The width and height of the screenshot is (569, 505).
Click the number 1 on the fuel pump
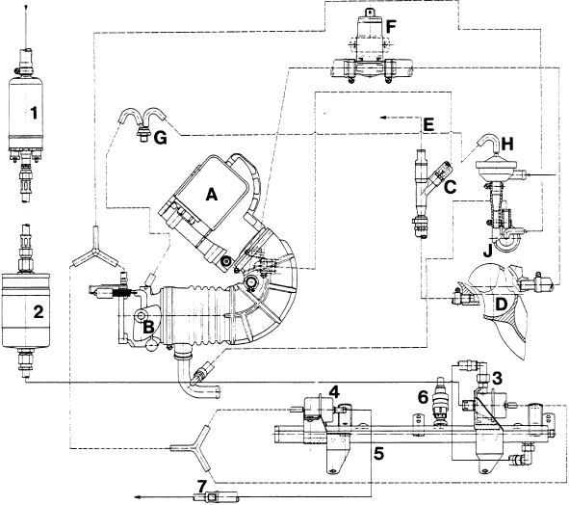tap(34, 113)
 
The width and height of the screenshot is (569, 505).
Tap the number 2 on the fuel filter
tap(39, 311)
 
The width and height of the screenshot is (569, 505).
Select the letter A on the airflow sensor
tap(211, 195)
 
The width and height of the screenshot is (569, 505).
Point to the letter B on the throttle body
tap(148, 327)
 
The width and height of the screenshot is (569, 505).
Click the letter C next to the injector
tap(450, 187)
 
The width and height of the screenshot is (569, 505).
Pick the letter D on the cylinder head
tap(501, 305)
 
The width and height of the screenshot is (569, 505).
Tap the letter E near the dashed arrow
tap(428, 124)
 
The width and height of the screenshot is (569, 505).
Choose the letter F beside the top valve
tap(391, 27)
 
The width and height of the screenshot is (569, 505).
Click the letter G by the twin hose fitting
tap(160, 138)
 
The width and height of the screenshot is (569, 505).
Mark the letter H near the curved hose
tap(507, 145)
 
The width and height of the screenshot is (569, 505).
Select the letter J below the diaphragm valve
tap(488, 250)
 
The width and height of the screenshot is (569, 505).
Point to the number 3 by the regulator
tap(497, 379)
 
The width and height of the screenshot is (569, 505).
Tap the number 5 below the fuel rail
tap(378, 453)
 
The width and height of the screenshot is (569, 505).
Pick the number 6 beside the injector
tap(423, 397)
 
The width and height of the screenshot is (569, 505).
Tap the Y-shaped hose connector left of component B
tap(95, 247)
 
